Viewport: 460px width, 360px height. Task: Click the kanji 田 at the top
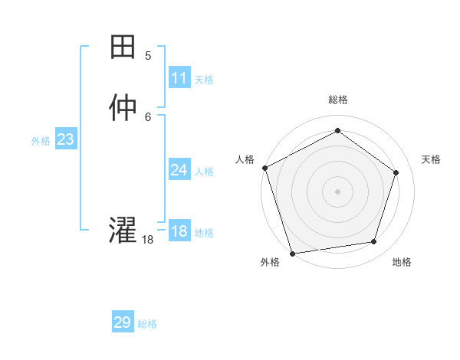tap(123, 48)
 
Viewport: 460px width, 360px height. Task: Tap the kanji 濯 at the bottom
tap(123, 231)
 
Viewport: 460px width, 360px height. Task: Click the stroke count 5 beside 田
tap(148, 56)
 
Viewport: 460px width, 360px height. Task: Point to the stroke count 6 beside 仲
tap(148, 116)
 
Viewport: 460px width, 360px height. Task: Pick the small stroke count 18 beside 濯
tap(148, 240)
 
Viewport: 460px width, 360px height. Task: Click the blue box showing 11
tap(179, 78)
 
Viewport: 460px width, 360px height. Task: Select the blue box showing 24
tap(179, 170)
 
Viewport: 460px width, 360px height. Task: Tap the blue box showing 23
tap(65, 139)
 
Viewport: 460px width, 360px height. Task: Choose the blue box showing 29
tap(123, 322)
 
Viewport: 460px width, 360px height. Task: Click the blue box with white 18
tap(179, 231)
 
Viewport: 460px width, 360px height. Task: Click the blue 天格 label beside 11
tap(204, 80)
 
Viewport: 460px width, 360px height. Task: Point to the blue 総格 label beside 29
tap(147, 324)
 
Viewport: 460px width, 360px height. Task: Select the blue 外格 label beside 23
tap(41, 141)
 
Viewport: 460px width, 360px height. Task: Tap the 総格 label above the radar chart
tap(337, 100)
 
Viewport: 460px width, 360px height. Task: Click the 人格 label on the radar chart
tap(245, 159)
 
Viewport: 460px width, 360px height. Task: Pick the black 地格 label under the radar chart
tap(402, 263)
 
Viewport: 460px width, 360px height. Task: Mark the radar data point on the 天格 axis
tap(396, 172)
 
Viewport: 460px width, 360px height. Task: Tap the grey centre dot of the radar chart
tap(337, 191)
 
